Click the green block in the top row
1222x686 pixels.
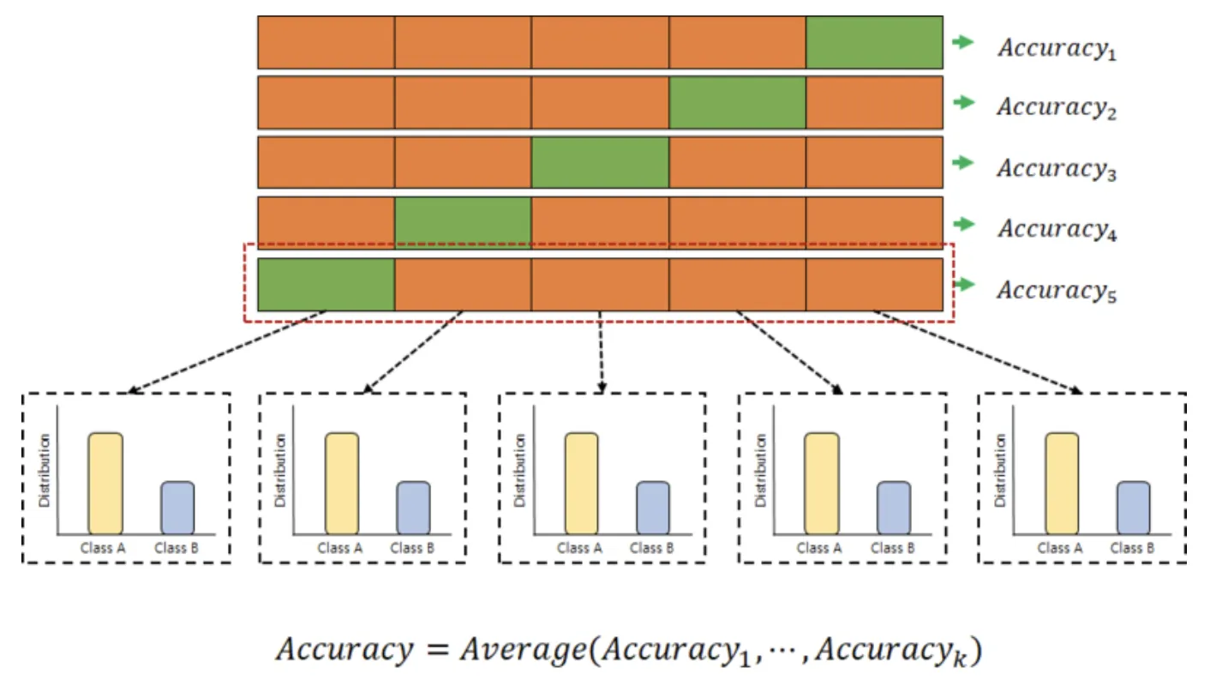874,42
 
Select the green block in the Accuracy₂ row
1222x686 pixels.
737,102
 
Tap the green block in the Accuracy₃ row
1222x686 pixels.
600,162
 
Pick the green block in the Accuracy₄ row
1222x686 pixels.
463,223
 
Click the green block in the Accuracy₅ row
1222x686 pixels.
326,285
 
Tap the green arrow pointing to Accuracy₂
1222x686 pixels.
965,102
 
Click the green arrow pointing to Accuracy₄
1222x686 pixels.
965,224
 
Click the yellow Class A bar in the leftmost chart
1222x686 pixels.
105,483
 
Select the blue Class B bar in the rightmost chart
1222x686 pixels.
1133,507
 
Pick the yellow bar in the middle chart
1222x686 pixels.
581,483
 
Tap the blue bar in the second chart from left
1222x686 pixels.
413,507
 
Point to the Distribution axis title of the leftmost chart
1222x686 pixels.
45,470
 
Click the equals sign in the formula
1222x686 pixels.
429,650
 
